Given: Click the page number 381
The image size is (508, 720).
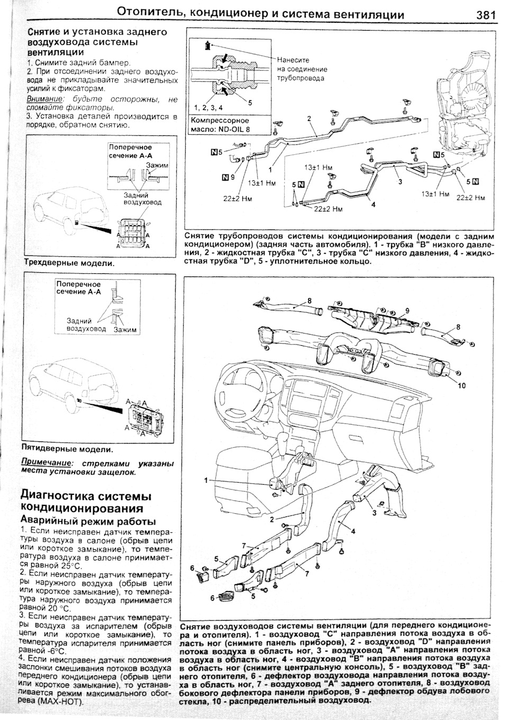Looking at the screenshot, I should tap(485, 15).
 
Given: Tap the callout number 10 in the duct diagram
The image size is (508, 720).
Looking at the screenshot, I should tap(461, 385).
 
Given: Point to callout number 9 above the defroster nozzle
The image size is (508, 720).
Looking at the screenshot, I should tap(407, 310).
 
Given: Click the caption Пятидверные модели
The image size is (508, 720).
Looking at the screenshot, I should tap(67, 449).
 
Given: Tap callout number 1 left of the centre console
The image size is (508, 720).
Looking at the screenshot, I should tap(205, 480).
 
